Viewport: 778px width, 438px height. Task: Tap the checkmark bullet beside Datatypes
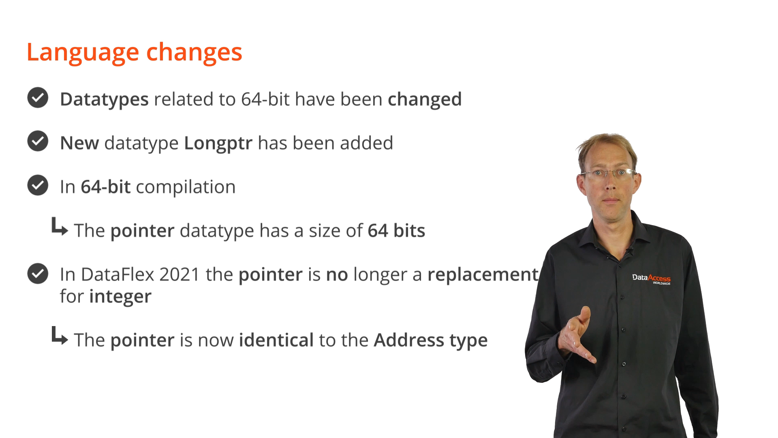point(38,98)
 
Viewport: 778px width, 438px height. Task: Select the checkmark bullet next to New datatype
point(38,141)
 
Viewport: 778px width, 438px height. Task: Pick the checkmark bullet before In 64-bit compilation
point(38,185)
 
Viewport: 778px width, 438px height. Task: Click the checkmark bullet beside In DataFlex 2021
point(38,273)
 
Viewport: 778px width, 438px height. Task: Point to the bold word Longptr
point(218,144)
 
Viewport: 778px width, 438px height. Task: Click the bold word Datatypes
point(104,100)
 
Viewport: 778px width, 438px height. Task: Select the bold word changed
point(425,100)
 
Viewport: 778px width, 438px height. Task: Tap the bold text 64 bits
point(396,231)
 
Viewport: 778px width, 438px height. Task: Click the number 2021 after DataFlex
point(180,275)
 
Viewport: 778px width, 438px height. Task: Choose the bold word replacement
point(483,275)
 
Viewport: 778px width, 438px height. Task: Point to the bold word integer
point(120,297)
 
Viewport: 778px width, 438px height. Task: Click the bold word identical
point(276,340)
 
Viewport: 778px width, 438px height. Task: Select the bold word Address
point(409,340)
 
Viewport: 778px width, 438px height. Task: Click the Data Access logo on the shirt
point(651,279)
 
